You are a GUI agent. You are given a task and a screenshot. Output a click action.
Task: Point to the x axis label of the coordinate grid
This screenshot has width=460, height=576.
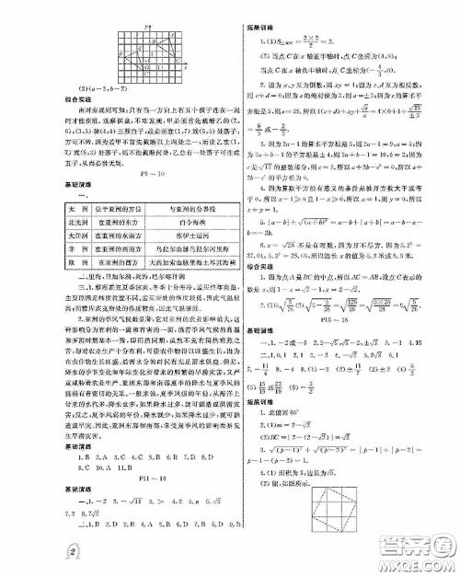pyautogui.click(x=186, y=66)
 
